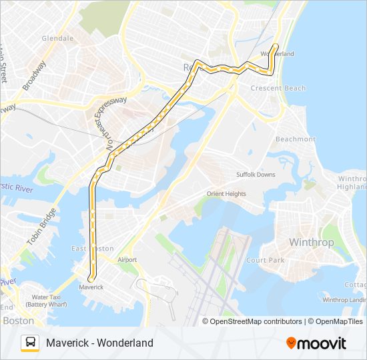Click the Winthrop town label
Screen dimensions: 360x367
pyautogui.click(x=311, y=242)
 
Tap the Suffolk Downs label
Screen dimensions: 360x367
pyautogui.click(x=256, y=175)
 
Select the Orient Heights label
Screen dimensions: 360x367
pyautogui.click(x=226, y=194)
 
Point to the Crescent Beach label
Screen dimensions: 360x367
pyautogui.click(x=278, y=88)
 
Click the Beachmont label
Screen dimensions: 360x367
pyautogui.click(x=296, y=139)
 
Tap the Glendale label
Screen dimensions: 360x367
pyautogui.click(x=57, y=39)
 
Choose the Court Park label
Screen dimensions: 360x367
pyautogui.click(x=266, y=260)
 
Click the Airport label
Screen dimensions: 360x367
pyautogui.click(x=127, y=260)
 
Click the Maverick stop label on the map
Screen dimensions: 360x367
pyautogui.click(x=91, y=287)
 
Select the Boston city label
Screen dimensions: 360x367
pyautogui.click(x=18, y=321)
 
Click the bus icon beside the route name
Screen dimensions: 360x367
pyautogui.click(x=30, y=343)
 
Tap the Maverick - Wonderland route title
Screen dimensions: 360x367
pyautogui.click(x=99, y=343)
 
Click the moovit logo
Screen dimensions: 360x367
pyautogui.click(x=316, y=343)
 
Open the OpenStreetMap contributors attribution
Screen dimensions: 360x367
pyautogui.click(x=256, y=321)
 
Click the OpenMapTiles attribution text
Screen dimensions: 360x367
pyautogui.click(x=339, y=321)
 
